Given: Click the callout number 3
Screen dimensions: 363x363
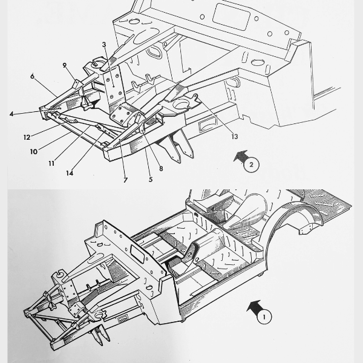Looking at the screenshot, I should pyautogui.click(x=104, y=45).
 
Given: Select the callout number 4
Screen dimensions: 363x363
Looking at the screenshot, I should pyautogui.click(x=11, y=114).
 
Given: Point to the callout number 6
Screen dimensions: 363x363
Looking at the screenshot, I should pyautogui.click(x=31, y=76).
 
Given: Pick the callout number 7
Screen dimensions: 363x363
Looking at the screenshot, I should pyautogui.click(x=125, y=180).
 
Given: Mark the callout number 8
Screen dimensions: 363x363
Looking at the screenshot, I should pyautogui.click(x=161, y=169).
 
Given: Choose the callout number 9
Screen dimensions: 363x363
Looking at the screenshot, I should pyautogui.click(x=64, y=65).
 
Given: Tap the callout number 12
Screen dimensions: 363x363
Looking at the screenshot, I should pyautogui.click(x=27, y=137).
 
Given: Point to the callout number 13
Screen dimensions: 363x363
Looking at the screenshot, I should pyautogui.click(x=234, y=137).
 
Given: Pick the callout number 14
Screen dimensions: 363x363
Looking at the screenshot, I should pyautogui.click(x=70, y=173).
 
